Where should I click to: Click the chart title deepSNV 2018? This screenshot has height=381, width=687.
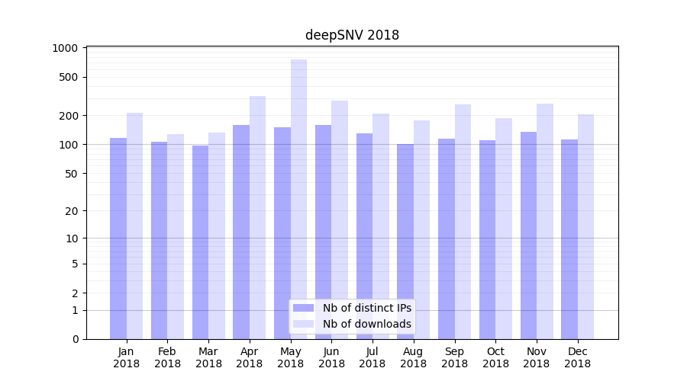point(352,35)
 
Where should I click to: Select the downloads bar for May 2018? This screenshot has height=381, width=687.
point(298,199)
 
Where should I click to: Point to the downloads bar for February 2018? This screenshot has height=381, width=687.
point(176,236)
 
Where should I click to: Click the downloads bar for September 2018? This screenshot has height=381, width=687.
point(463,221)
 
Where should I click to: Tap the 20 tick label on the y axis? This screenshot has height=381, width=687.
point(71,211)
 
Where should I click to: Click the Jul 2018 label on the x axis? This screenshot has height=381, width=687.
point(373,357)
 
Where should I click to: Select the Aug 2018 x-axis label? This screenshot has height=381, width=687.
point(414,357)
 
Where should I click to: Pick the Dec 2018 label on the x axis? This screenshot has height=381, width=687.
point(578,357)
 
